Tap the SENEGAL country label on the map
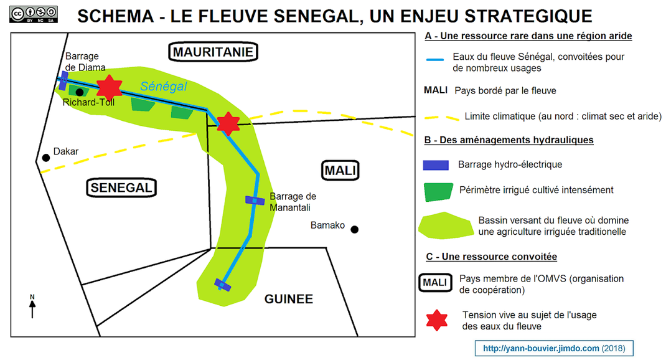(x=121, y=187)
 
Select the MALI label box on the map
(x=342, y=169)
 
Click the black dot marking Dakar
(x=45, y=158)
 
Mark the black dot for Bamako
(x=354, y=229)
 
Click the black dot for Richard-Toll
(x=80, y=92)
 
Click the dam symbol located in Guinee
(x=223, y=285)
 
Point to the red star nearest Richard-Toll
(x=110, y=88)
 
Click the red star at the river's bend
(x=228, y=124)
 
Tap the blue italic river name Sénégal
(x=163, y=87)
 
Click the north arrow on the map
(x=32, y=306)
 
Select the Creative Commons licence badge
(x=34, y=14)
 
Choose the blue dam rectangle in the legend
(x=436, y=165)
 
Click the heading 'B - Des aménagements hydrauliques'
(x=509, y=140)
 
